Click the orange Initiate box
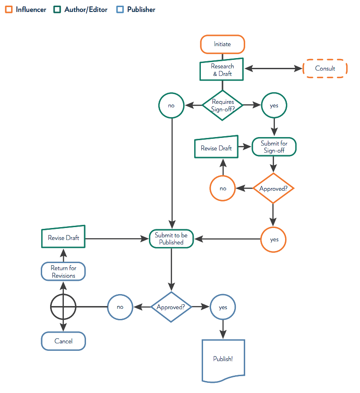[222, 44]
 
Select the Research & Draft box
[222, 70]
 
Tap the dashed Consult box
[325, 68]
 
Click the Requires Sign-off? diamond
[223, 105]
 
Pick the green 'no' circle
[171, 106]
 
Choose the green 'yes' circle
[274, 106]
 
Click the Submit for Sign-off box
[274, 147]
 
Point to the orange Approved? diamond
[274, 189]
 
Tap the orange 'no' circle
[223, 189]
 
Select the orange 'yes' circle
[274, 240]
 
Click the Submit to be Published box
[171, 239]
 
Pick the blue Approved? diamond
[171, 307]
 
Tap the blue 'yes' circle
[223, 307]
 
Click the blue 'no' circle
[120, 307]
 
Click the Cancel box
[63, 341]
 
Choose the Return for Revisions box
[63, 271]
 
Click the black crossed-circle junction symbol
[63, 307]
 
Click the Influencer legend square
[8, 9]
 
